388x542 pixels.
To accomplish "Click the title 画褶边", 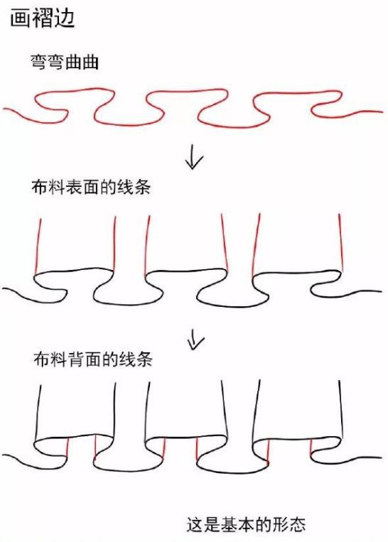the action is click(x=43, y=18).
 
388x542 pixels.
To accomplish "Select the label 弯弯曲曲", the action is click(x=65, y=63).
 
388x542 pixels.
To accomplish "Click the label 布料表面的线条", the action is click(x=91, y=187).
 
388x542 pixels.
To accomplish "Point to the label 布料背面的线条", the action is click(x=92, y=359).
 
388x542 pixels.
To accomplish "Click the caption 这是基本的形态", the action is click(x=247, y=524).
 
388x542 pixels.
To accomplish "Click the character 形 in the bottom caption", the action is click(x=281, y=524).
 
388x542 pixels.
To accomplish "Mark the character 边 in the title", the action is click(x=65, y=18).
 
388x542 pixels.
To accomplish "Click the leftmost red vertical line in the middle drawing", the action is click(x=38, y=245).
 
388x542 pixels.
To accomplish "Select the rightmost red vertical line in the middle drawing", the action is click(x=340, y=242).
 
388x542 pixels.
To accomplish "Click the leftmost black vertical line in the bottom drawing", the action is click(x=38, y=413).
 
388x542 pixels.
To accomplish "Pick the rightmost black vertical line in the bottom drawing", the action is click(x=341, y=410).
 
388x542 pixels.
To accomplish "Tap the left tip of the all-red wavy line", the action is click(x=4, y=109).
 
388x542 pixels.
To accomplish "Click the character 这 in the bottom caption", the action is click(x=195, y=524).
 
